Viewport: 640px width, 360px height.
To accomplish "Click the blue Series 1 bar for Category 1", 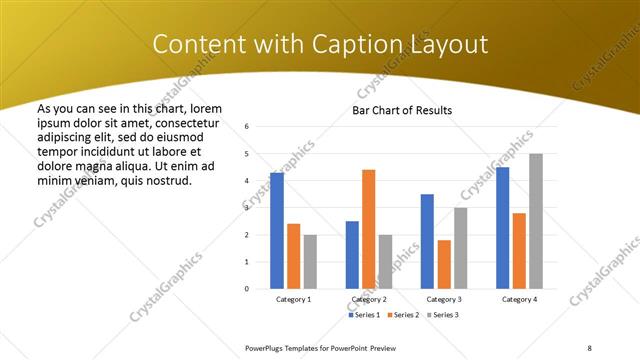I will point(277,231).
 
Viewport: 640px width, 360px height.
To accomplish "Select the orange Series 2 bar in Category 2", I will point(368,229).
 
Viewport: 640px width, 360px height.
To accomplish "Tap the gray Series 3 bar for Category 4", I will point(536,221).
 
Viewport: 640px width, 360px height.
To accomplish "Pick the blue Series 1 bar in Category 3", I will point(427,241).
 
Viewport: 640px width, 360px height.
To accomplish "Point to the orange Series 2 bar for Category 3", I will point(444,264).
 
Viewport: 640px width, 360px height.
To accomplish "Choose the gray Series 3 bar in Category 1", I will point(310,262).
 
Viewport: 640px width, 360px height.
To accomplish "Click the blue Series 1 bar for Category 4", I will point(502,228).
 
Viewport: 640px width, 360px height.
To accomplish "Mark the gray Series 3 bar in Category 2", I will point(385,262).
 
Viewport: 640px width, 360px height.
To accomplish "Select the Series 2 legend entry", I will point(403,315).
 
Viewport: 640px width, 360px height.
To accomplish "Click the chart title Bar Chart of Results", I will point(402,110).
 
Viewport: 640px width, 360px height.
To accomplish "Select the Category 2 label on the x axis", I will point(369,299).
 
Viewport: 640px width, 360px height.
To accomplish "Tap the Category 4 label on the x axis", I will point(519,299).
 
